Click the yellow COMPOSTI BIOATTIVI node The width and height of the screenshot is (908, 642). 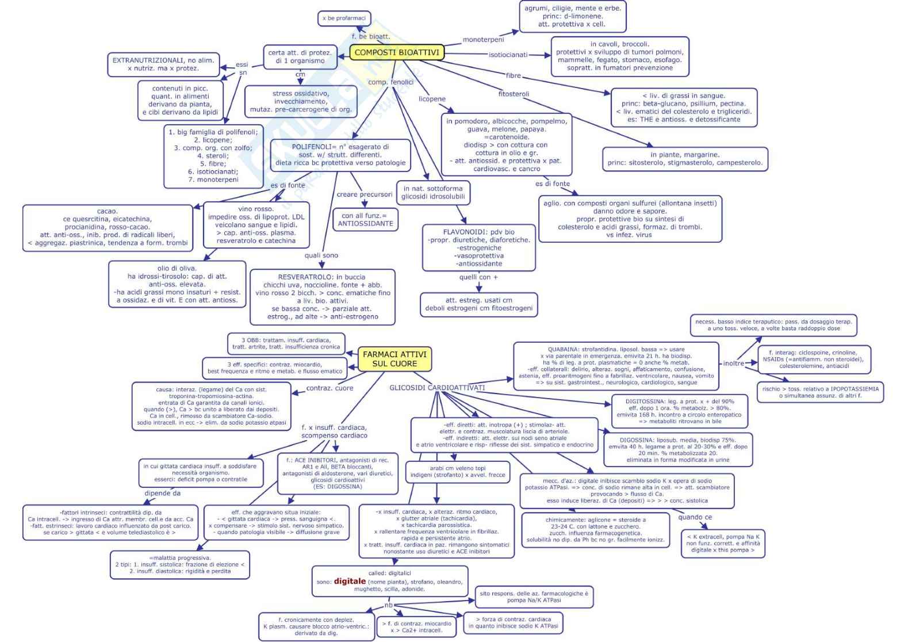pos(396,52)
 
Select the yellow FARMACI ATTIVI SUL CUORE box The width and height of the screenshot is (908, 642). pos(394,359)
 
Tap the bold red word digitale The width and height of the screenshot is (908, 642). pos(350,581)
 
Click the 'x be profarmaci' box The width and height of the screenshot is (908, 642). pos(344,18)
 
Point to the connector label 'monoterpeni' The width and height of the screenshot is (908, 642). pos(483,40)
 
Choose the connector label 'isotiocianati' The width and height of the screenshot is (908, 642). pos(508,55)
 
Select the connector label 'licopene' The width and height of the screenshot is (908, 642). pos(432,99)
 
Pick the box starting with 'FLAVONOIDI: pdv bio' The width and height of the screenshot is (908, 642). pos(478,248)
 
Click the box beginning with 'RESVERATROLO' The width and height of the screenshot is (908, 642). pos(322,297)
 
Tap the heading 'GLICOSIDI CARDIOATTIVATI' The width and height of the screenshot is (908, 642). pos(437,388)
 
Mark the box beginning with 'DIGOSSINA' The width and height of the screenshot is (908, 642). pos(677,450)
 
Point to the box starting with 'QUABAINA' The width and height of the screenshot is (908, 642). pos(616,366)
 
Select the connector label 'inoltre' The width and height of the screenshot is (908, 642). pos(733,363)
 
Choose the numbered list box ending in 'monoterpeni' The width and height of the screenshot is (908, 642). pos(213,156)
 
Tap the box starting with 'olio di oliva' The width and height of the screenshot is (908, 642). pos(177,284)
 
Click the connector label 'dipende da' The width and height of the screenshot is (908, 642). pos(162,493)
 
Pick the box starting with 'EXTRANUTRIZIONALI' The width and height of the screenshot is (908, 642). pos(163,64)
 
